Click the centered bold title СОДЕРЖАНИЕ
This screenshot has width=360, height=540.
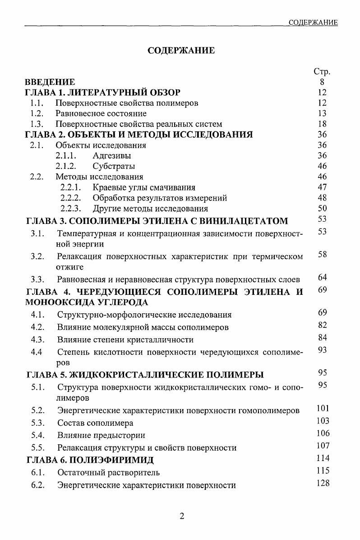point(181,51)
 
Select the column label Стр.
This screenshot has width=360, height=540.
point(322,72)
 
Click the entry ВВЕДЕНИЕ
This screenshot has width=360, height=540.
point(50,82)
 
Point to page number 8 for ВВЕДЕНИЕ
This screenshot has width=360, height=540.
point(322,82)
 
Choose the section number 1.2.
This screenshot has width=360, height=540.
point(37,113)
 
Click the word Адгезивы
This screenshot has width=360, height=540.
point(112,156)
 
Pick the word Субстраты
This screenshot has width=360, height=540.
point(114,166)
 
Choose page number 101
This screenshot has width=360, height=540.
point(323,409)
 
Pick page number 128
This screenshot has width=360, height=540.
point(323,483)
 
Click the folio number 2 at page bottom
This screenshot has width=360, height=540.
point(182,517)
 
